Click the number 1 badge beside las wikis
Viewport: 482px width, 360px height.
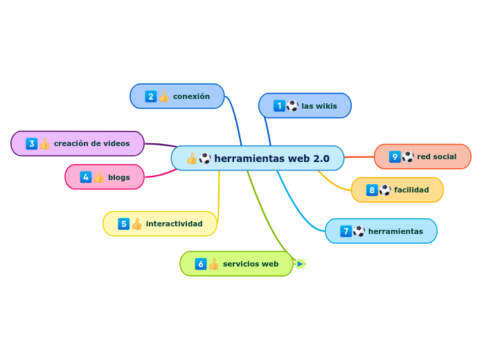tap(279, 106)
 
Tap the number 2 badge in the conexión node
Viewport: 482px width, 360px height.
tap(150, 97)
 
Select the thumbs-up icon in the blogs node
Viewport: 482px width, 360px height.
tap(98, 177)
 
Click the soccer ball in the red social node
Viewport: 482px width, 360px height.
tap(408, 156)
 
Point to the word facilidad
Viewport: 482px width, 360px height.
tap(411, 190)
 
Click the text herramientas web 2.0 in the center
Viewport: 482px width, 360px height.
tap(271, 159)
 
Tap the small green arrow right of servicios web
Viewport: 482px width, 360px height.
tap(300, 264)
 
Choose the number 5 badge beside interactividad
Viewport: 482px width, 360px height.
tap(123, 224)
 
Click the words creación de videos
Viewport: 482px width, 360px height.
tap(91, 143)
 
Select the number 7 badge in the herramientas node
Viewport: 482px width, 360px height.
tap(346, 231)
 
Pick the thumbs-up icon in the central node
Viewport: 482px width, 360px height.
tap(192, 159)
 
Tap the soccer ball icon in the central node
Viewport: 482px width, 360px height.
tap(205, 159)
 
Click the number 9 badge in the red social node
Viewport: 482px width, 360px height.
tap(395, 156)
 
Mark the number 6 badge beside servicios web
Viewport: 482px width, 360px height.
tap(201, 264)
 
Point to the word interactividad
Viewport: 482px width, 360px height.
tap(174, 224)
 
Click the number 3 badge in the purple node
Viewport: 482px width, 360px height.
tap(31, 143)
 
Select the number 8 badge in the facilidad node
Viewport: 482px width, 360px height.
tap(372, 190)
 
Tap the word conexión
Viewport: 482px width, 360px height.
tap(191, 97)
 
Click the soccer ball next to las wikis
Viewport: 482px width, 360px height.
tap(292, 106)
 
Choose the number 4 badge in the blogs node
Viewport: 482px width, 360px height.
tap(85, 177)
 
